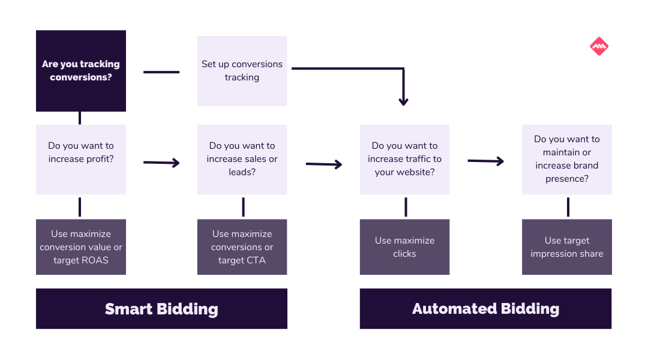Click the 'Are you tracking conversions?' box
[x=81, y=71]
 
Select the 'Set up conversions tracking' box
[x=242, y=71]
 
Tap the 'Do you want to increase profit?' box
[x=81, y=160]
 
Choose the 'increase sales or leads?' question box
[x=242, y=160]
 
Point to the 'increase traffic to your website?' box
[x=404, y=160]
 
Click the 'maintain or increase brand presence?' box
[x=567, y=160]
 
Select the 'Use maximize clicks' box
[x=404, y=247]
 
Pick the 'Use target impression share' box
[x=567, y=247]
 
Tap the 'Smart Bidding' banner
[x=161, y=309]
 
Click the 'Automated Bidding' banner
[x=485, y=309]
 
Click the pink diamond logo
[x=599, y=46]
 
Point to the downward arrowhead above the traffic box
[x=404, y=101]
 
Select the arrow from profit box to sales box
[x=161, y=163]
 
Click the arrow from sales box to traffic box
[x=324, y=164]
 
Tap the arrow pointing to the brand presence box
[x=485, y=161]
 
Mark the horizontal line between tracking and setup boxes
[x=161, y=72]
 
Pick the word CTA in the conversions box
[x=256, y=260]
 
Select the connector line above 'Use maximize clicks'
[x=406, y=206]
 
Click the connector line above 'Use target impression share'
[x=568, y=206]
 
